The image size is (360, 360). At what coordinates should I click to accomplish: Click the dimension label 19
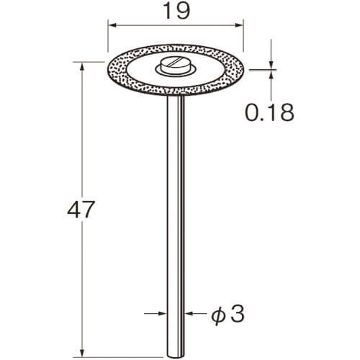click(x=176, y=12)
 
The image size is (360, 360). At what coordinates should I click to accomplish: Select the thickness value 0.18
click(x=269, y=112)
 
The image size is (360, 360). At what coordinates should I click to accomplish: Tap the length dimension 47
click(x=81, y=210)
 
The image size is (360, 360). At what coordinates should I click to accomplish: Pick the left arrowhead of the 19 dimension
click(x=112, y=25)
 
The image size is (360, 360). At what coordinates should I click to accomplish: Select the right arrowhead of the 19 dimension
click(x=239, y=25)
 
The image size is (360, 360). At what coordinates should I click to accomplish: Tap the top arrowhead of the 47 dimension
click(x=82, y=67)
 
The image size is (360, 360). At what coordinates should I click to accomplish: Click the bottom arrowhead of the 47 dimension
click(x=82, y=353)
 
